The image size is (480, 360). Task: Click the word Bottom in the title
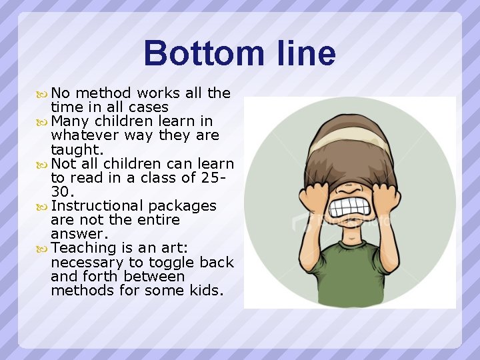pos(191,53)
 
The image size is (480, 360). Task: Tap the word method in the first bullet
pos(107,93)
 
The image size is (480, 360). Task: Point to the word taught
pos(76,150)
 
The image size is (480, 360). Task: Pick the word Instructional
pos(100,206)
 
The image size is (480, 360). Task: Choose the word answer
pos(79,234)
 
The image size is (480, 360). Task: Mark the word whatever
pos(83,135)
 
